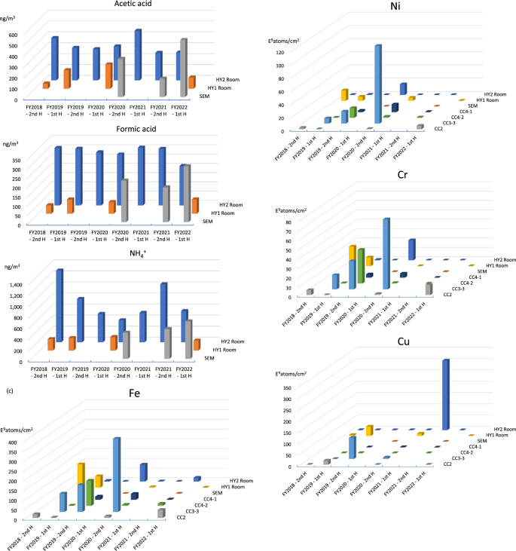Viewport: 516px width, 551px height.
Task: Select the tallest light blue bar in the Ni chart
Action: (x=377, y=83)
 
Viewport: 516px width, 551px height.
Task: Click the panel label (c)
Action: (x=9, y=390)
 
